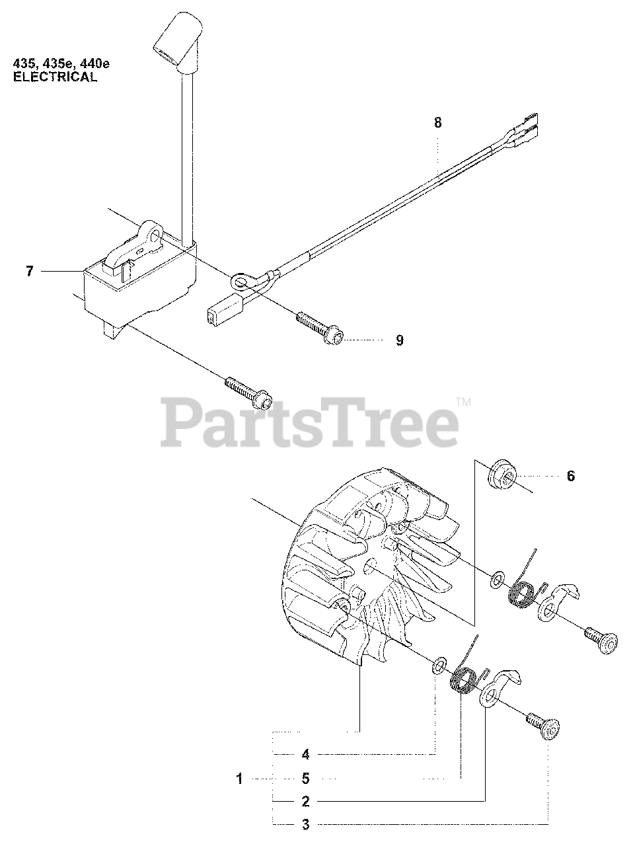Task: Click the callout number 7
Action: tap(30, 272)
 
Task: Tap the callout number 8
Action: tap(437, 123)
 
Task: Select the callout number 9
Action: tap(400, 340)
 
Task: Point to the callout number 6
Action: tap(571, 476)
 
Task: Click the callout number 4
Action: tap(305, 754)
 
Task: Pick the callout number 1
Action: tap(240, 779)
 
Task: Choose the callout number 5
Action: tap(305, 779)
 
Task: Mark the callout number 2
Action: tap(305, 802)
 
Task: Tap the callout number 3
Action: tap(305, 826)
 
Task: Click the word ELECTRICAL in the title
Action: tap(56, 77)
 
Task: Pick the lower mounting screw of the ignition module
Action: tap(248, 393)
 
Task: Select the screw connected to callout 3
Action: tap(543, 726)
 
